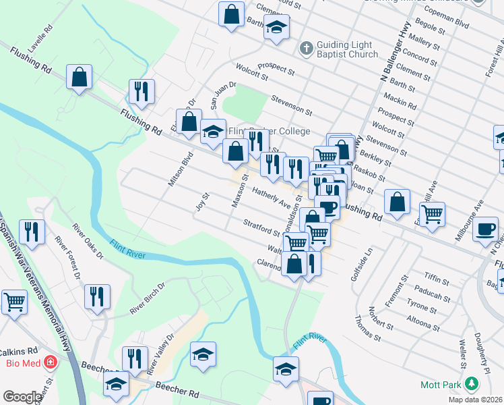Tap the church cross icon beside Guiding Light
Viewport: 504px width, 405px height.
tap(306, 48)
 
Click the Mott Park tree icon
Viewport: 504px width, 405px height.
tap(472, 385)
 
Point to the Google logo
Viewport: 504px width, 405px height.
tap(22, 397)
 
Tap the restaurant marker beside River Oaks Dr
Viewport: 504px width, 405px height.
tap(31, 231)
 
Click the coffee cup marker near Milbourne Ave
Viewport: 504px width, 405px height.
tap(485, 229)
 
